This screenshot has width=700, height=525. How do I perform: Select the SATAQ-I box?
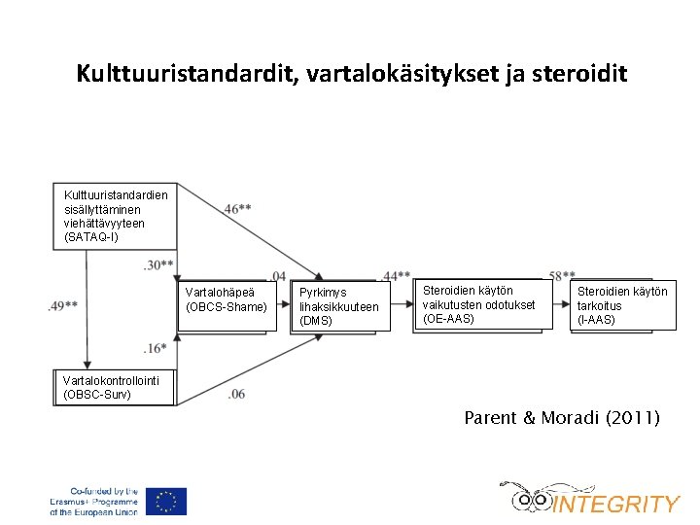[x=116, y=216]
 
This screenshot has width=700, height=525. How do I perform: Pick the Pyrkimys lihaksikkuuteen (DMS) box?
[x=340, y=306]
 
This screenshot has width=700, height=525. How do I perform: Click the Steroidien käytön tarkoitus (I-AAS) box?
[x=622, y=305]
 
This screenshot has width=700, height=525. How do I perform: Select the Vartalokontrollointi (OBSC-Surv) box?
[x=113, y=388]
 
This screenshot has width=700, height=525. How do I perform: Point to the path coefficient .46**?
[x=238, y=209]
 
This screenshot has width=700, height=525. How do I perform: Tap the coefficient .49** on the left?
[x=62, y=306]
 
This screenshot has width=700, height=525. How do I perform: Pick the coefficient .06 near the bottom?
[x=236, y=394]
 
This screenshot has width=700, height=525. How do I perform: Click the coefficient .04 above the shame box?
[x=277, y=275]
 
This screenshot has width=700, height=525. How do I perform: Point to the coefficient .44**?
[x=397, y=276]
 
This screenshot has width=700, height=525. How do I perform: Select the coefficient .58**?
[x=562, y=276]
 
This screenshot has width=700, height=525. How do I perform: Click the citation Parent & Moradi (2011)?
[x=562, y=419]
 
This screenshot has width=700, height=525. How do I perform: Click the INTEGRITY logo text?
[x=615, y=504]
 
